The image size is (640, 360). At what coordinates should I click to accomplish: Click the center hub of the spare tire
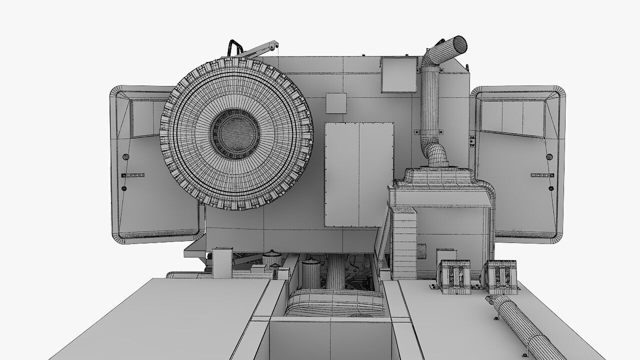(x=235, y=132)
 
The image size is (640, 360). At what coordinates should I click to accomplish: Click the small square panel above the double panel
(x=336, y=103)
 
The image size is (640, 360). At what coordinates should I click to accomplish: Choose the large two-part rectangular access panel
(x=358, y=174)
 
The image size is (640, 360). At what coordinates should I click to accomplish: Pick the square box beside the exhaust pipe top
(x=398, y=74)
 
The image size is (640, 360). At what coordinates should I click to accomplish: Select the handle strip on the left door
(x=133, y=175)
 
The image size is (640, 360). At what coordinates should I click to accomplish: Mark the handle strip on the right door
(x=542, y=175)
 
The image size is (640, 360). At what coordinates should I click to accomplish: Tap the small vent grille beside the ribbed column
(x=421, y=251)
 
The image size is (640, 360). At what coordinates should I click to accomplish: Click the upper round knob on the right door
(x=549, y=157)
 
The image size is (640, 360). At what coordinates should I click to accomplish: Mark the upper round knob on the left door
(x=125, y=157)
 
